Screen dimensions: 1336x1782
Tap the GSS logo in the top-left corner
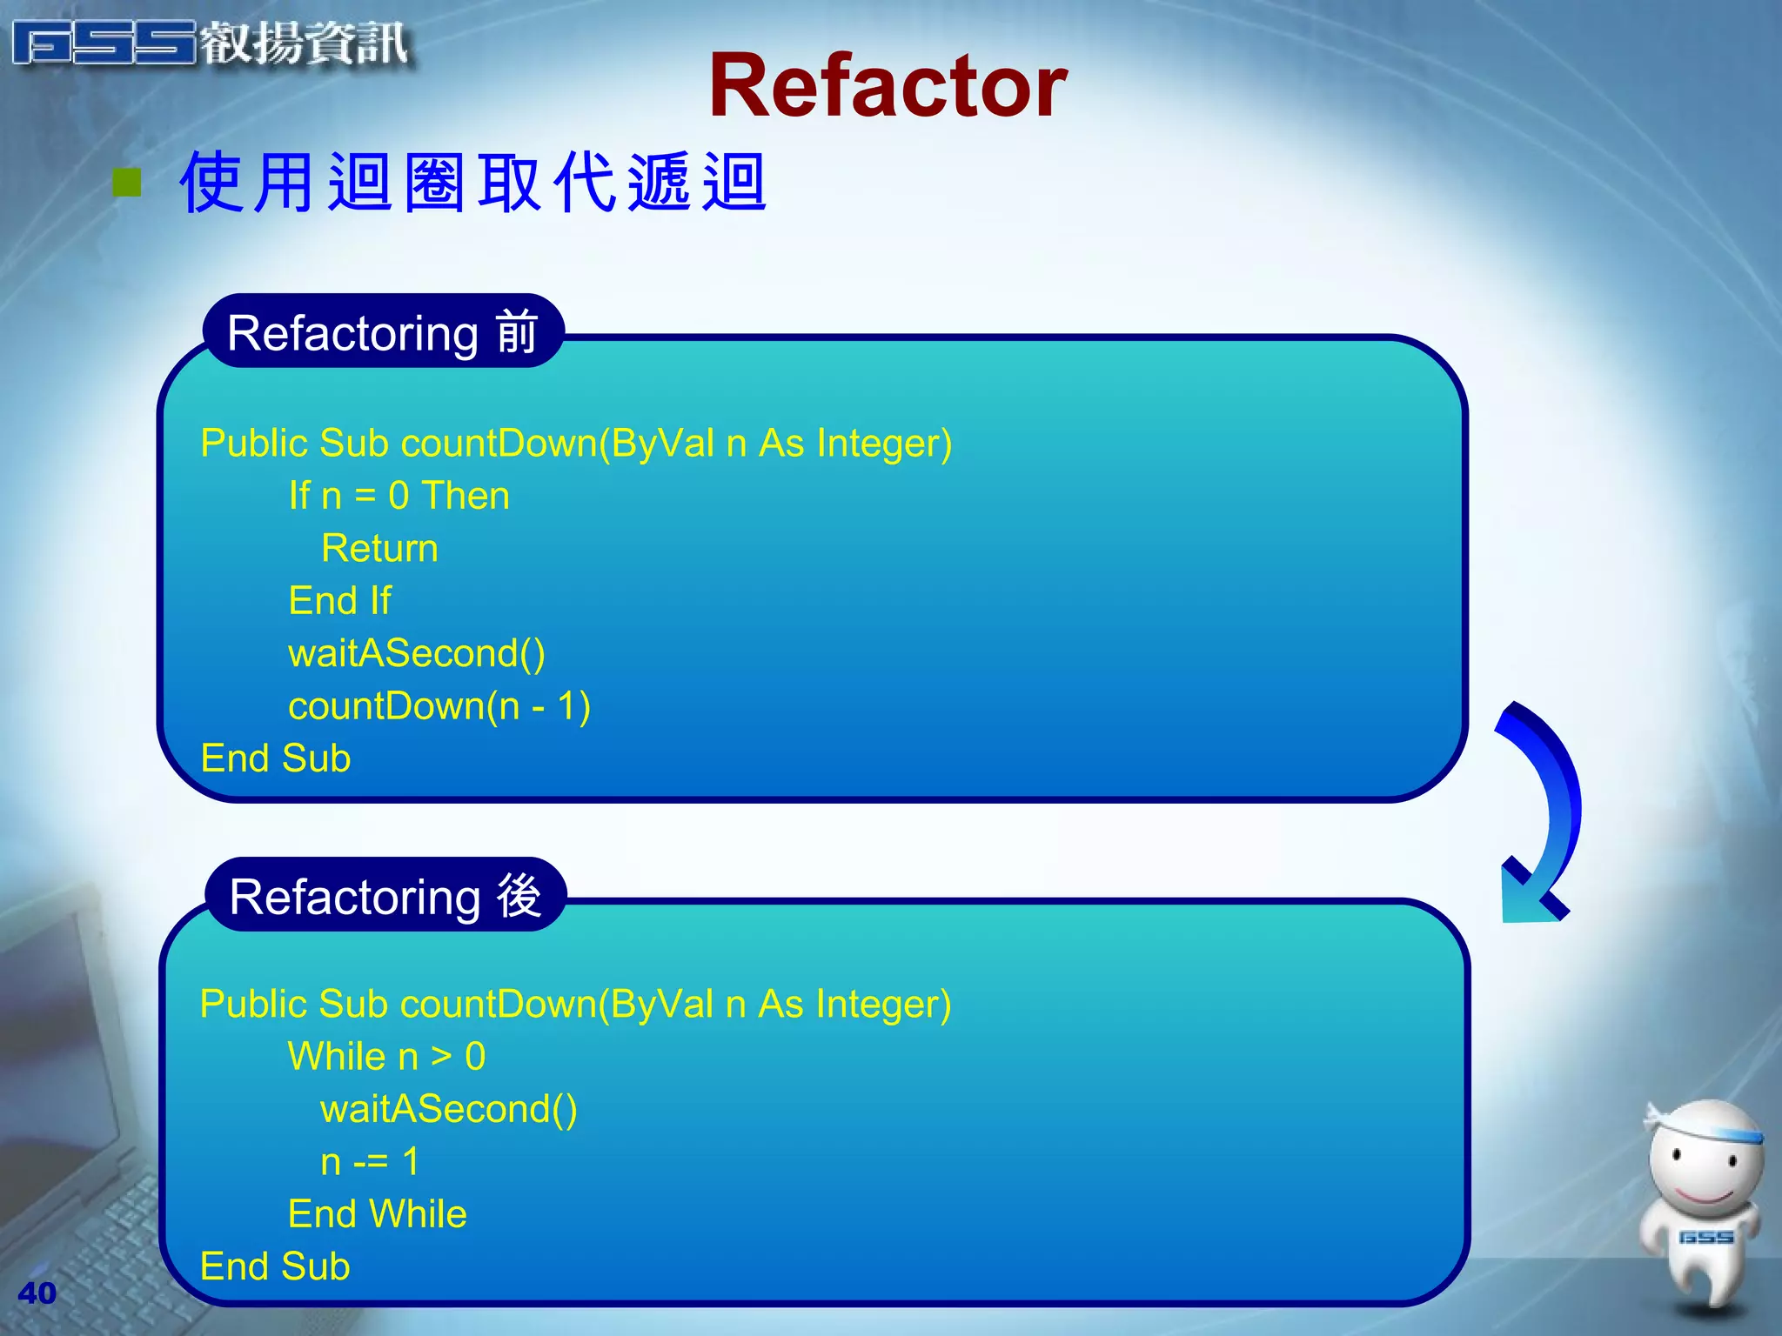point(209,43)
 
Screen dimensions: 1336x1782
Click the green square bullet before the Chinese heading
point(127,183)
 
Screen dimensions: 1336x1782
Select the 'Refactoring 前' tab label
point(383,333)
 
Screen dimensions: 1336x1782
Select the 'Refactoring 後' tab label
point(385,897)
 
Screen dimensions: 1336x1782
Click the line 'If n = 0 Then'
point(399,496)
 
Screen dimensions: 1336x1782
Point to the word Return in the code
point(379,549)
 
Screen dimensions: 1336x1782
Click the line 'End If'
point(339,601)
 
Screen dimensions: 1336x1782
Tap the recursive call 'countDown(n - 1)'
point(439,706)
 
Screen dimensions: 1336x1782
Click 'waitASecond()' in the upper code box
point(417,653)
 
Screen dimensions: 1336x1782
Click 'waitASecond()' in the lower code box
point(448,1109)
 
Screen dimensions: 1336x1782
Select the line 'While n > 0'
point(386,1057)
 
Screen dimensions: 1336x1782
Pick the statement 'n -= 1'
point(370,1162)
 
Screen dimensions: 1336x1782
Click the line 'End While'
point(377,1214)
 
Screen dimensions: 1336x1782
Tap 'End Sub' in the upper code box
point(275,758)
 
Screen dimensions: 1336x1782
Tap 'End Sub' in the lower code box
point(275,1266)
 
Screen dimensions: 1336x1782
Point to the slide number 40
point(37,1293)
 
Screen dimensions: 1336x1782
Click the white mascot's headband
point(1710,1130)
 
